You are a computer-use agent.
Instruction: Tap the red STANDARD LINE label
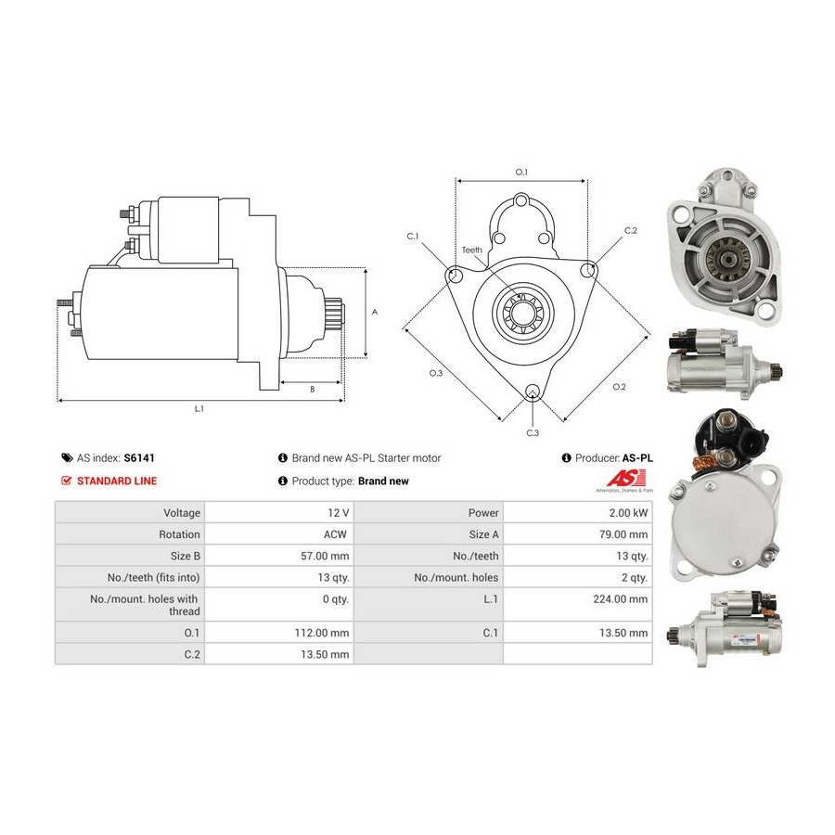click(x=116, y=481)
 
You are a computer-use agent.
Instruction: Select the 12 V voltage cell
click(x=339, y=513)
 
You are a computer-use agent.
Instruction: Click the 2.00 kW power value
click(x=631, y=513)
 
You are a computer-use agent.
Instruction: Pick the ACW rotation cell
click(x=336, y=534)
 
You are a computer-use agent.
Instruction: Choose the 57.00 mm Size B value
click(x=327, y=556)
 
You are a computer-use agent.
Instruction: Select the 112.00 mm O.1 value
click(x=324, y=633)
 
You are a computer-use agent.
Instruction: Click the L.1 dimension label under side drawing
click(x=199, y=408)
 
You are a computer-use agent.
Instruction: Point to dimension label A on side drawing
click(x=375, y=313)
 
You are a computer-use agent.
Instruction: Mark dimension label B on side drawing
click(x=312, y=390)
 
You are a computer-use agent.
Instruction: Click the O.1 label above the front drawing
click(x=520, y=172)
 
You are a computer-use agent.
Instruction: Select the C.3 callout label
click(x=533, y=433)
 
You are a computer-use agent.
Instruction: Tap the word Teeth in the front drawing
click(x=472, y=250)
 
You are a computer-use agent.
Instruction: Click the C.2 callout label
click(x=631, y=230)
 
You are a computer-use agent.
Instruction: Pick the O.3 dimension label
click(x=435, y=373)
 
